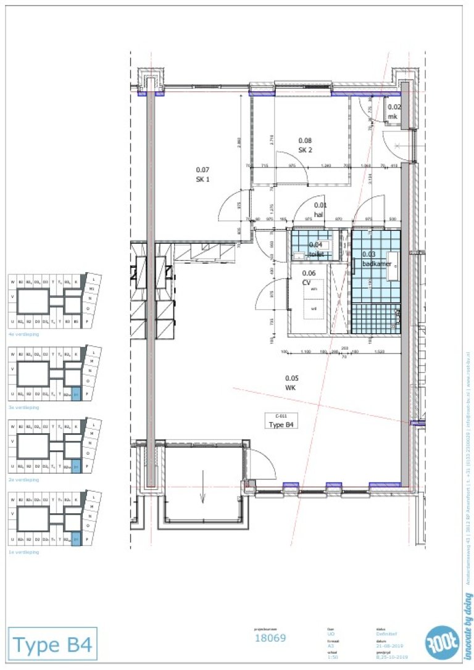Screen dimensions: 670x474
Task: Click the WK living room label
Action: click(291, 383)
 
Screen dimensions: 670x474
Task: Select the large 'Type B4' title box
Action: click(52, 645)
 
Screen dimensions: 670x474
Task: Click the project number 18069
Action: click(270, 638)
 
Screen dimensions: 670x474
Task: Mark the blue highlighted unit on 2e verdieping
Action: click(76, 466)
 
